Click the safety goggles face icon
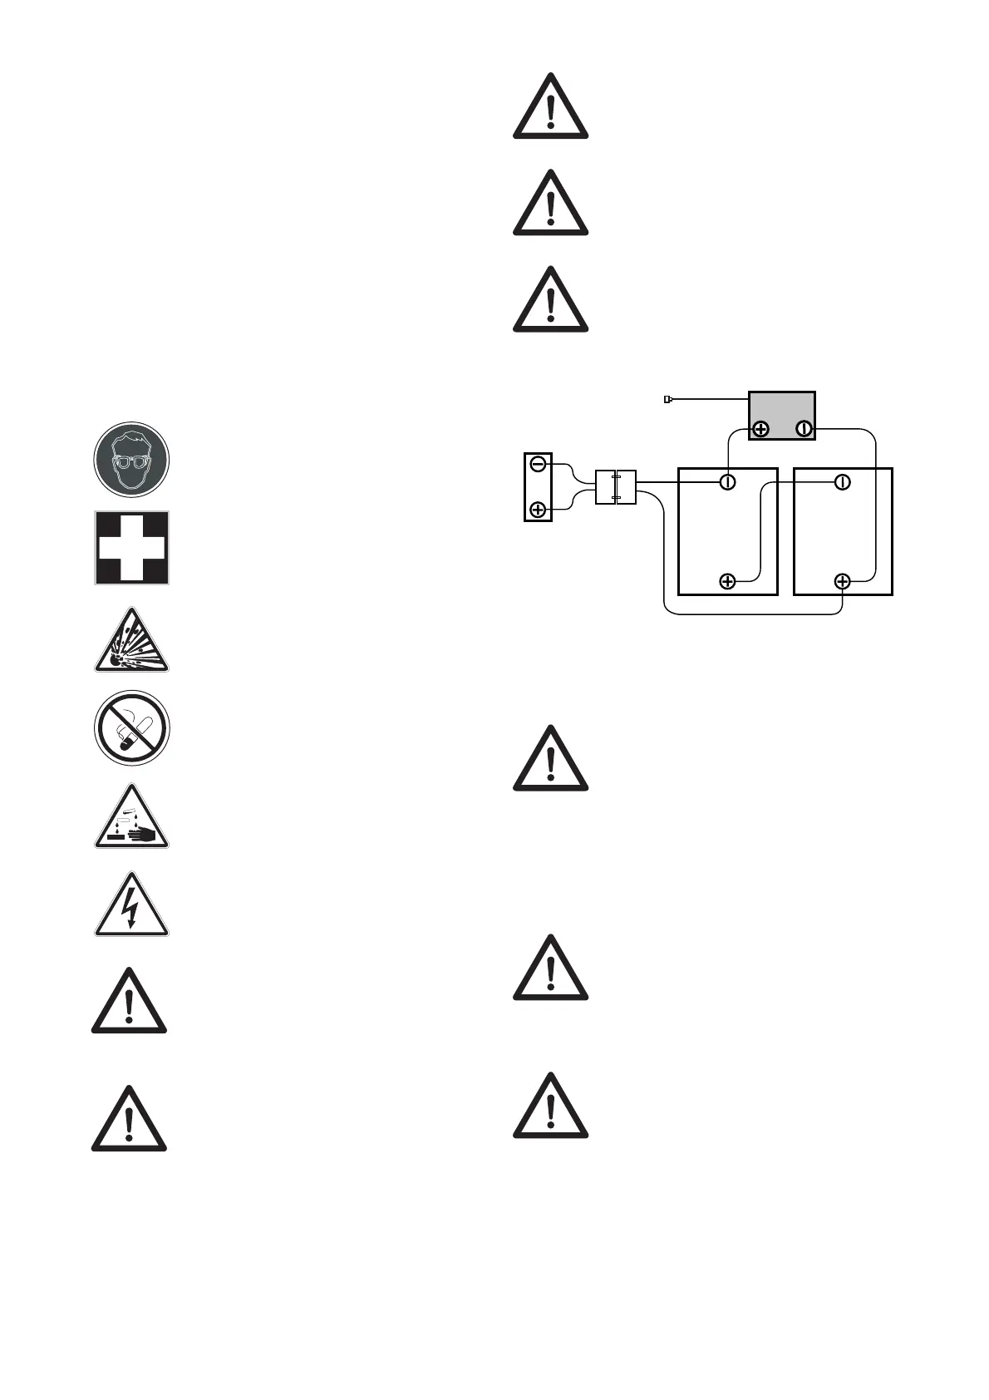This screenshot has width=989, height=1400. click(x=131, y=460)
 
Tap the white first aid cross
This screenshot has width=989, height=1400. click(x=131, y=548)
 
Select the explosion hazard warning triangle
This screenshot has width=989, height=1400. click(x=131, y=642)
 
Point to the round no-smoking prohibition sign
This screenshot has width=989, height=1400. click(x=131, y=728)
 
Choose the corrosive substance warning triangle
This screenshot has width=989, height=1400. click(x=131, y=818)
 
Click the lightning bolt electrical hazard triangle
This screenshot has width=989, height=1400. click(x=131, y=907)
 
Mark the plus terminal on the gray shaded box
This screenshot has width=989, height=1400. click(x=760, y=430)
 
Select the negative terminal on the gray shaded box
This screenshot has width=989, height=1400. click(x=804, y=430)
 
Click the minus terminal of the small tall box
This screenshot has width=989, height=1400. click(x=538, y=465)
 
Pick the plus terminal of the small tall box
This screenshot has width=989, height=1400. click(x=538, y=509)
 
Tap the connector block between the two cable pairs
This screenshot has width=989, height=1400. click(x=616, y=487)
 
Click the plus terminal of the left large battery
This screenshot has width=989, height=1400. click(x=727, y=581)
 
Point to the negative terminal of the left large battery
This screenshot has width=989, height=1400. click(x=727, y=482)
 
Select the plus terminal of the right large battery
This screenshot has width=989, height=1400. click(x=842, y=581)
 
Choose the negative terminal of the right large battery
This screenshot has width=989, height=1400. click(x=842, y=482)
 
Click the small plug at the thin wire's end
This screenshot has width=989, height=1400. click(x=667, y=400)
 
